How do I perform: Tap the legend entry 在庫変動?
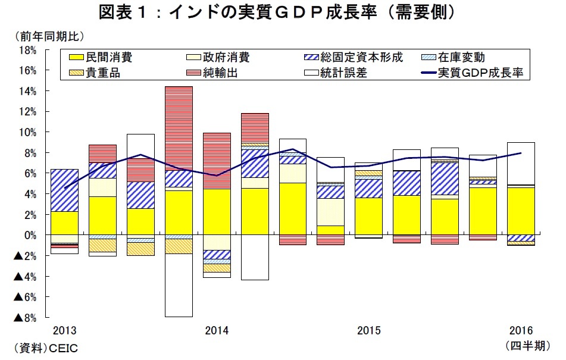pos(461,58)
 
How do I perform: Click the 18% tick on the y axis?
pos(29,50)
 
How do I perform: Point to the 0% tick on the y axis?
pos(31,235)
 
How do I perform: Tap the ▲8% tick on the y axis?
pos(25,317)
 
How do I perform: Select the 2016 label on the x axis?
pos(521,331)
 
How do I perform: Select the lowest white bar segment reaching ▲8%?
pos(179,285)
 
